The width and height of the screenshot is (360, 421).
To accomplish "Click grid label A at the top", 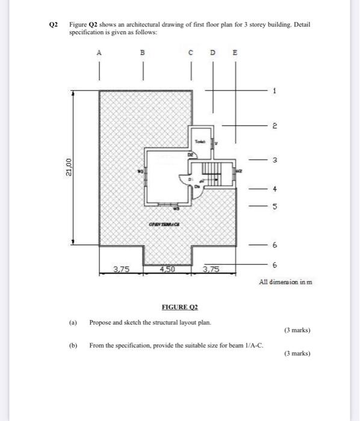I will (99, 53).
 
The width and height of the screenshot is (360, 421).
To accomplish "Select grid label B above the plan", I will (143, 53).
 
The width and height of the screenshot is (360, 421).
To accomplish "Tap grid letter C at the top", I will (191, 53).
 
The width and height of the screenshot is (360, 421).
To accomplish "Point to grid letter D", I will (213, 53).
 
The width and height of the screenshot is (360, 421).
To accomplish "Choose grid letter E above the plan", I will (235, 53).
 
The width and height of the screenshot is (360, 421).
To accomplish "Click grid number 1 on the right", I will (275, 91).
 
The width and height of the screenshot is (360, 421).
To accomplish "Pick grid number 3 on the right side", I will (275, 161).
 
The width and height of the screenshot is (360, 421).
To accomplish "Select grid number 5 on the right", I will (275, 207).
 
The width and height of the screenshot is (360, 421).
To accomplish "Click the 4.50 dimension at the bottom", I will (167, 269).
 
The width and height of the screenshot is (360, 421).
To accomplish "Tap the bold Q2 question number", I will (53, 25).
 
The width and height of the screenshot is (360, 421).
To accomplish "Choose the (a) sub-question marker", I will (73, 322).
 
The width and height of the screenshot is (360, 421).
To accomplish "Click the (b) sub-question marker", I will (73, 346).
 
